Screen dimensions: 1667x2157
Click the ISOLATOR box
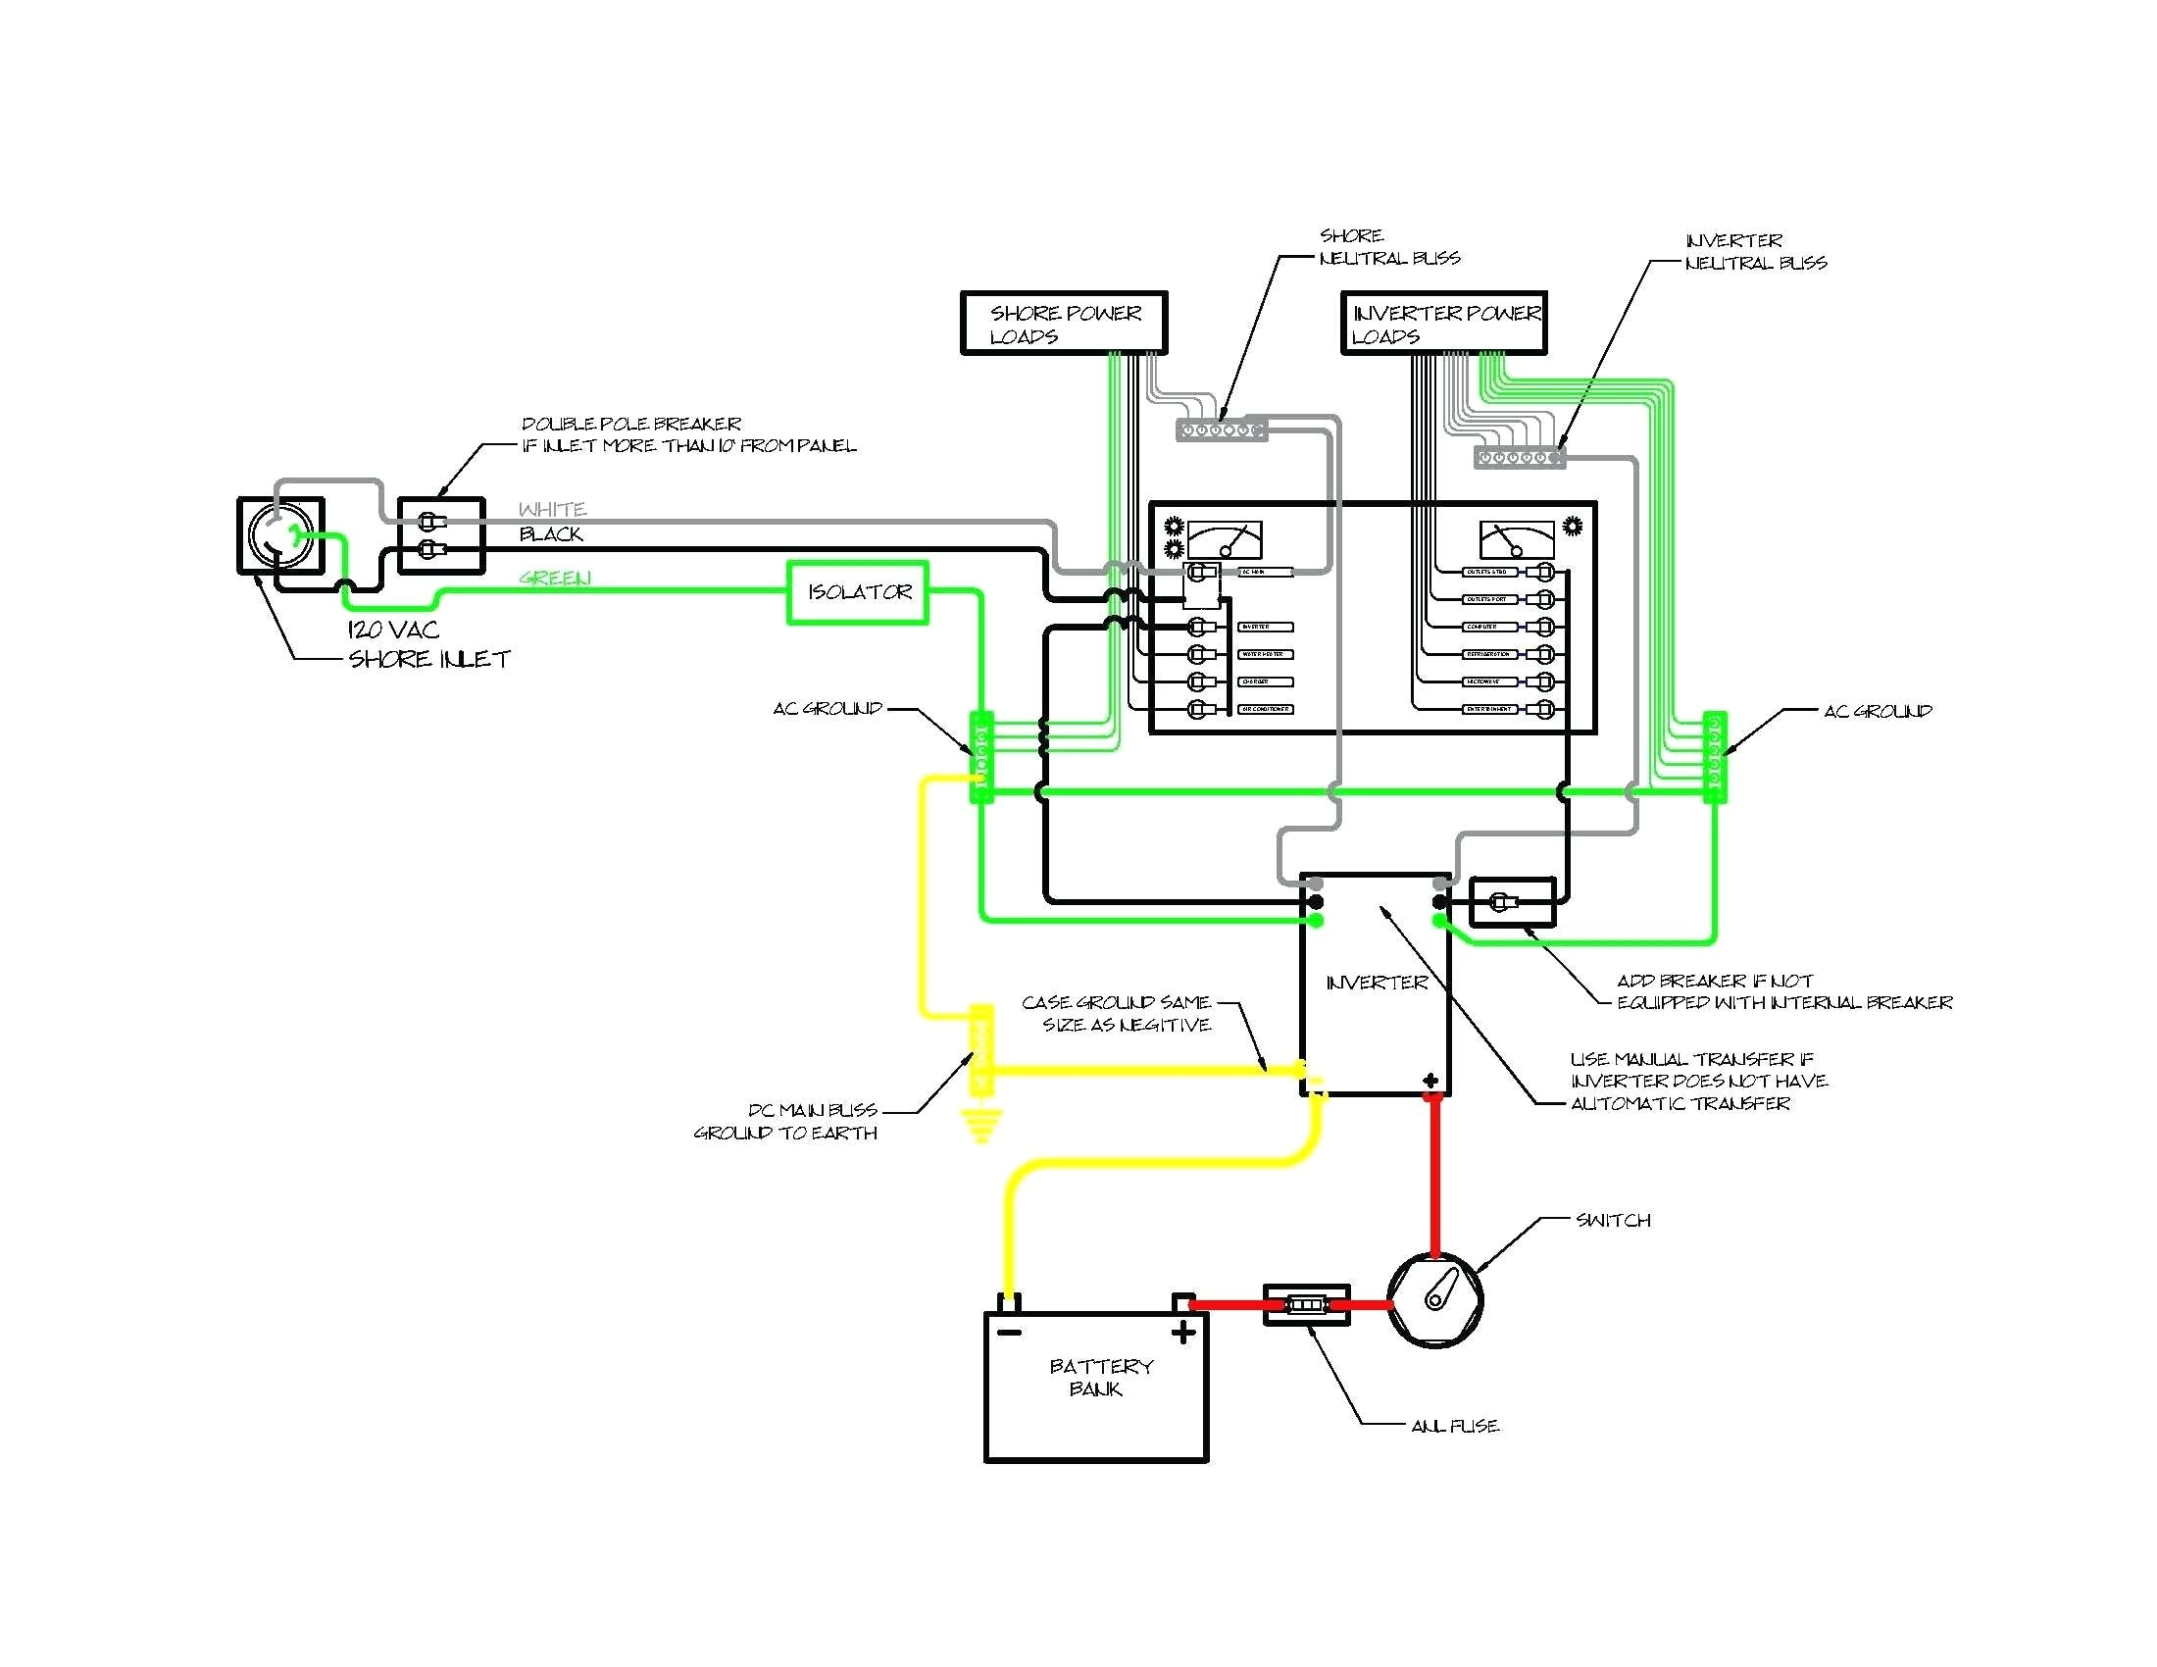pos(857,592)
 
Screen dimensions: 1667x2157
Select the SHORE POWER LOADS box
pos(1064,323)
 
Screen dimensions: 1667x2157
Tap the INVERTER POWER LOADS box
pos(1443,323)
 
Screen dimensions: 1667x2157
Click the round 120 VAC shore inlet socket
pos(280,535)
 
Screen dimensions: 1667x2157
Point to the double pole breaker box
pos(440,535)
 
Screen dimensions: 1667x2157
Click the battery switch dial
pos(1435,1299)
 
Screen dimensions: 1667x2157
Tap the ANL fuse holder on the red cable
pos(1306,1304)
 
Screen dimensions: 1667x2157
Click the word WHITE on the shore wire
pos(552,510)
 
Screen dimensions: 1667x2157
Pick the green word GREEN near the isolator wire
pos(555,579)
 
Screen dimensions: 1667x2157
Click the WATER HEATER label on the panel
pos(1264,655)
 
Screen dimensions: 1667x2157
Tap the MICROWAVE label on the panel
pos(1487,682)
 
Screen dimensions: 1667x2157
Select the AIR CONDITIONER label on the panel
pos(1265,709)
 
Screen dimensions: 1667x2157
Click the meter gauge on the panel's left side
pos(1225,540)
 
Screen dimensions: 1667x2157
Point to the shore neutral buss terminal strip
pos(1221,430)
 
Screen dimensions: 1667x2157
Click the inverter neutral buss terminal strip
pos(1519,458)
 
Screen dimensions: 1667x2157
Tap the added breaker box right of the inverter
pos(1512,901)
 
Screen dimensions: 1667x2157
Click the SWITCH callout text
pos(1613,1221)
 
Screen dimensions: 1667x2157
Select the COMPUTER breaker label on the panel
pos(1487,628)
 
